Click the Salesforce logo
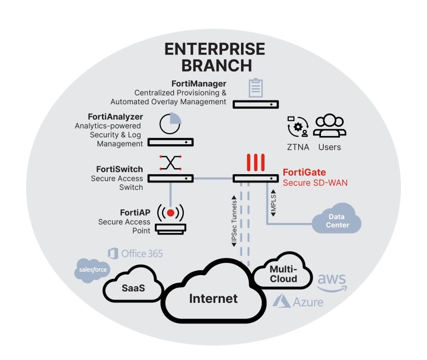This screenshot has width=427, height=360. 93,270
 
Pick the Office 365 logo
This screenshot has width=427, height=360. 135,253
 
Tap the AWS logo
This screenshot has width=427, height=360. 332,283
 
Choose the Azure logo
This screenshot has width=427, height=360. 298,302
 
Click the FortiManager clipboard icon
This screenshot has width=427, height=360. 256,88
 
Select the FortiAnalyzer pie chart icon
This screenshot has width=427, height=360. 170,124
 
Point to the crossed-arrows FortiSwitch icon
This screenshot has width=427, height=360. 170,163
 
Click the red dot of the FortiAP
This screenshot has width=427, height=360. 171,213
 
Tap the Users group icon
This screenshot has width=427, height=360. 329,125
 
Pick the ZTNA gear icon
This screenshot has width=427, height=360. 298,127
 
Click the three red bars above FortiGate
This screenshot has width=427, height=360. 256,163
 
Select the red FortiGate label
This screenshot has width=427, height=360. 304,173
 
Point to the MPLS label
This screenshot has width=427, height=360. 273,203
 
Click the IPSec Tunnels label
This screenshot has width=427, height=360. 234,221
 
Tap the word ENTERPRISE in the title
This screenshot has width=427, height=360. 215,49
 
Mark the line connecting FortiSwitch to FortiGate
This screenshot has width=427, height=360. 213,179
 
